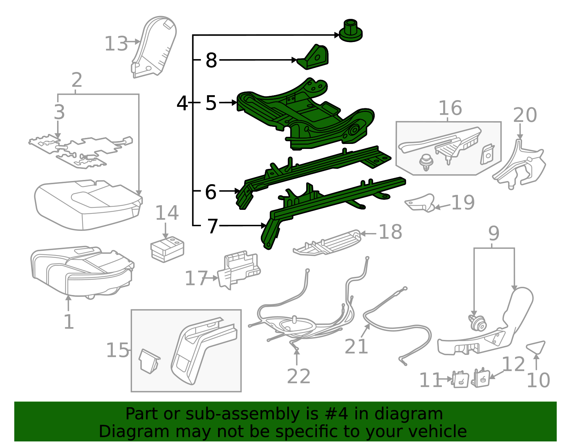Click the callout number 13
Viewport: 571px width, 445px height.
tap(116, 44)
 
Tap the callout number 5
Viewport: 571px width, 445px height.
tap(211, 103)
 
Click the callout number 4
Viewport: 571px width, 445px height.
tap(182, 103)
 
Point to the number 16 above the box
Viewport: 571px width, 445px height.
tap(450, 108)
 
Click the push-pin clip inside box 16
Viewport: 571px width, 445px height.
tap(426, 162)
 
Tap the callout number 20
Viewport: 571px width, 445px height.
tap(525, 115)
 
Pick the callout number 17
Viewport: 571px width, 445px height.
tap(196, 279)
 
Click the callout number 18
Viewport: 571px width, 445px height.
tap(390, 232)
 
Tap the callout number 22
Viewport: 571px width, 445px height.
tap(298, 376)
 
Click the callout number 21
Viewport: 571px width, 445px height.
tap(356, 346)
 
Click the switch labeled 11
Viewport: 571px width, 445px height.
tap(460, 380)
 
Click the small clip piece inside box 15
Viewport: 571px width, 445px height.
tap(149, 361)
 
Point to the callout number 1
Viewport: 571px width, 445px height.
tap(68, 322)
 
